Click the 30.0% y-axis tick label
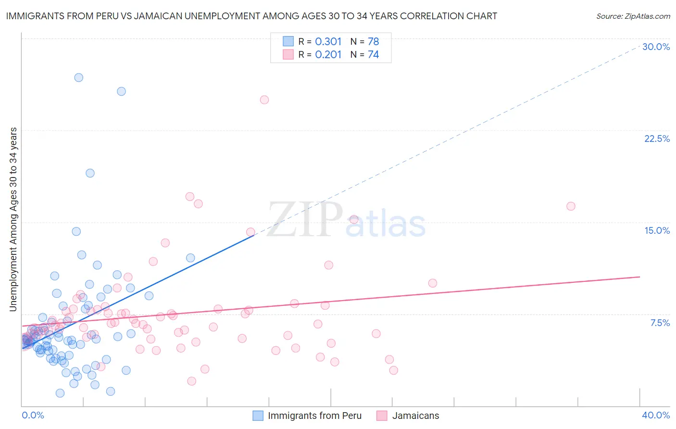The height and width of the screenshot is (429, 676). (x=656, y=47)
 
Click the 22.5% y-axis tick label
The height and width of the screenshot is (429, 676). (x=657, y=139)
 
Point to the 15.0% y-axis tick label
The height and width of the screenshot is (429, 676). (x=657, y=230)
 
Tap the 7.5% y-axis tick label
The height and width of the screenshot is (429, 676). (x=660, y=323)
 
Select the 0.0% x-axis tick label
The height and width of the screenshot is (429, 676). (x=33, y=415)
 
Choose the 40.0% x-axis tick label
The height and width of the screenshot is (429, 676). (x=656, y=415)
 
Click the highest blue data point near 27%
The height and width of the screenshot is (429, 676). (x=79, y=77)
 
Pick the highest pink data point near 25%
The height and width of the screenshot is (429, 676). (x=264, y=100)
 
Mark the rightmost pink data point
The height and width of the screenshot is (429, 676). (x=571, y=206)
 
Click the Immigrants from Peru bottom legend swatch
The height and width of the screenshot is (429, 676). (x=258, y=416)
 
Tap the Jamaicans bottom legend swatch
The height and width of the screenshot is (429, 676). (x=382, y=416)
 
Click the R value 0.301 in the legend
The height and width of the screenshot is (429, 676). (x=328, y=41)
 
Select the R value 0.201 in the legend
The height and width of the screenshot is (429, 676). (x=328, y=55)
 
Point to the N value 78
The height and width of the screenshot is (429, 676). (x=373, y=41)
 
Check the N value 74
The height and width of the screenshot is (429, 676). (x=373, y=55)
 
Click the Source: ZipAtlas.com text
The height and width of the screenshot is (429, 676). (x=633, y=16)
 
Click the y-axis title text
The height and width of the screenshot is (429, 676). (x=13, y=219)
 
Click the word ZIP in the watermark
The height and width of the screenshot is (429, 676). (x=304, y=220)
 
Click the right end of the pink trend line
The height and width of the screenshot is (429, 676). (x=639, y=277)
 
